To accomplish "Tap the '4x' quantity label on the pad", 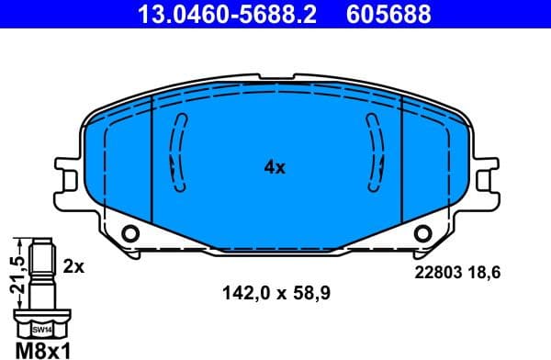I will [x=275, y=167].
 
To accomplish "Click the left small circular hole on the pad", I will [x=129, y=231].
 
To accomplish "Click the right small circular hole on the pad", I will [x=422, y=231].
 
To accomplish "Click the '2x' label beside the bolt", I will [x=74, y=266].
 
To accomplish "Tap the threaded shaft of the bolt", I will [x=42, y=276].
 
